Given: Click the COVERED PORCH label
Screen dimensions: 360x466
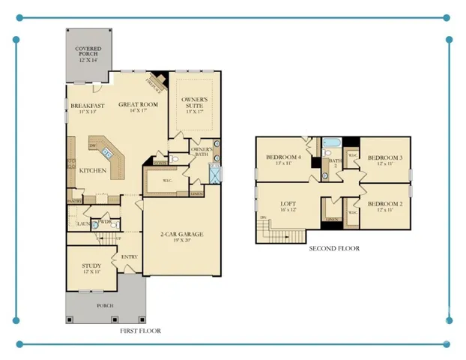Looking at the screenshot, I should pyautogui.click(x=89, y=55).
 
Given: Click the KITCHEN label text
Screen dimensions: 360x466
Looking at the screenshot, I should pyautogui.click(x=92, y=170).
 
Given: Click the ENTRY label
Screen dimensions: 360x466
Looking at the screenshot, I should pyautogui.click(x=129, y=257).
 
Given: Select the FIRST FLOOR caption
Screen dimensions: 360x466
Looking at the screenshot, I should pyautogui.click(x=141, y=331).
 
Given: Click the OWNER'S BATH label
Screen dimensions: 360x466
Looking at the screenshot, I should pyautogui.click(x=202, y=152).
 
